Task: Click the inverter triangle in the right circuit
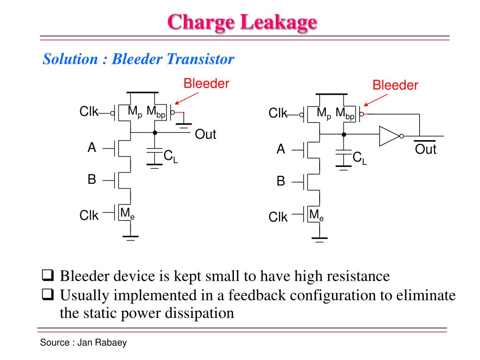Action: [x=389, y=135]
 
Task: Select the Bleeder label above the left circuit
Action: [x=206, y=84]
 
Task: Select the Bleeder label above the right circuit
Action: [x=395, y=85]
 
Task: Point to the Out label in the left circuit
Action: [x=205, y=135]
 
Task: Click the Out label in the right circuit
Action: [x=426, y=150]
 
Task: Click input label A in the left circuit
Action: [x=92, y=148]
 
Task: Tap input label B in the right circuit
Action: [x=281, y=181]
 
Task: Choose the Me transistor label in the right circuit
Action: [x=316, y=215]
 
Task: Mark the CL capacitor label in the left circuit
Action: [x=171, y=157]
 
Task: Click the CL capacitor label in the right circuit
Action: [x=360, y=158]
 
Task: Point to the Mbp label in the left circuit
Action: [x=156, y=112]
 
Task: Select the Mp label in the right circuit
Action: [x=324, y=113]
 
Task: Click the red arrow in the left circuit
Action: [x=186, y=97]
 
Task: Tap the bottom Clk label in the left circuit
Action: [x=89, y=216]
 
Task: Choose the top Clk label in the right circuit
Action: [x=277, y=113]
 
